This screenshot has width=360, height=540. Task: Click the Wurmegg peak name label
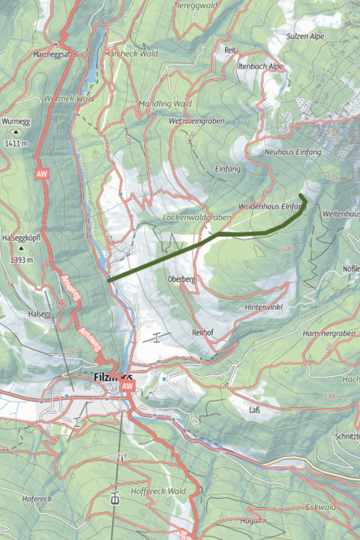pos(16,121)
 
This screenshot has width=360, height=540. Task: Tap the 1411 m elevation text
pos(16,144)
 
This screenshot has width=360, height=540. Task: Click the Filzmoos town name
pos(109,378)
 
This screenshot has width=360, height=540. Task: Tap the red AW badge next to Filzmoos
pos(127,388)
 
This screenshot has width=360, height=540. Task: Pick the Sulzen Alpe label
pos(327,38)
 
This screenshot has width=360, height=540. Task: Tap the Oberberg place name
pos(181,278)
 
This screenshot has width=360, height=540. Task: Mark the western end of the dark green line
pos(110,280)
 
